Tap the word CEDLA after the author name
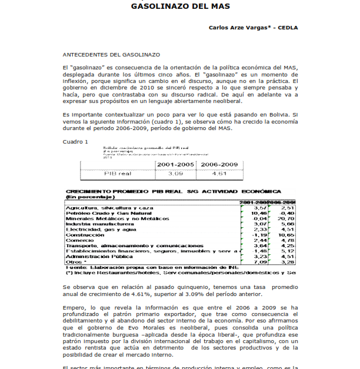tap(286, 27)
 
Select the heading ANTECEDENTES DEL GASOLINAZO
tap(111, 54)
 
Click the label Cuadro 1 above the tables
tap(75, 141)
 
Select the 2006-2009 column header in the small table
tap(219, 165)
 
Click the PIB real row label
tap(116, 174)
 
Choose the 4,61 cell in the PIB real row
tap(219, 174)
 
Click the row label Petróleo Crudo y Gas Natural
tap(104, 213)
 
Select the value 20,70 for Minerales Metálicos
tap(287, 218)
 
